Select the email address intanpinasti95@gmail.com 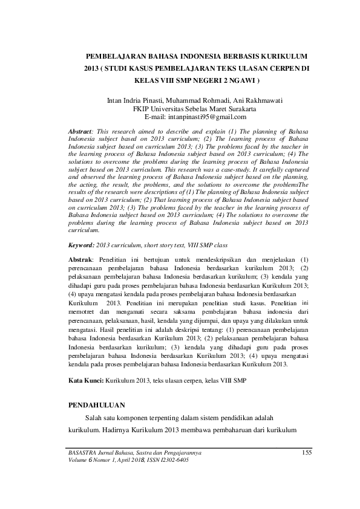coord(208,117)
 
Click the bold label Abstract coord(80,131)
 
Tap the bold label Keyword coord(82,245)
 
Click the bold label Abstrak coord(80,259)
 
